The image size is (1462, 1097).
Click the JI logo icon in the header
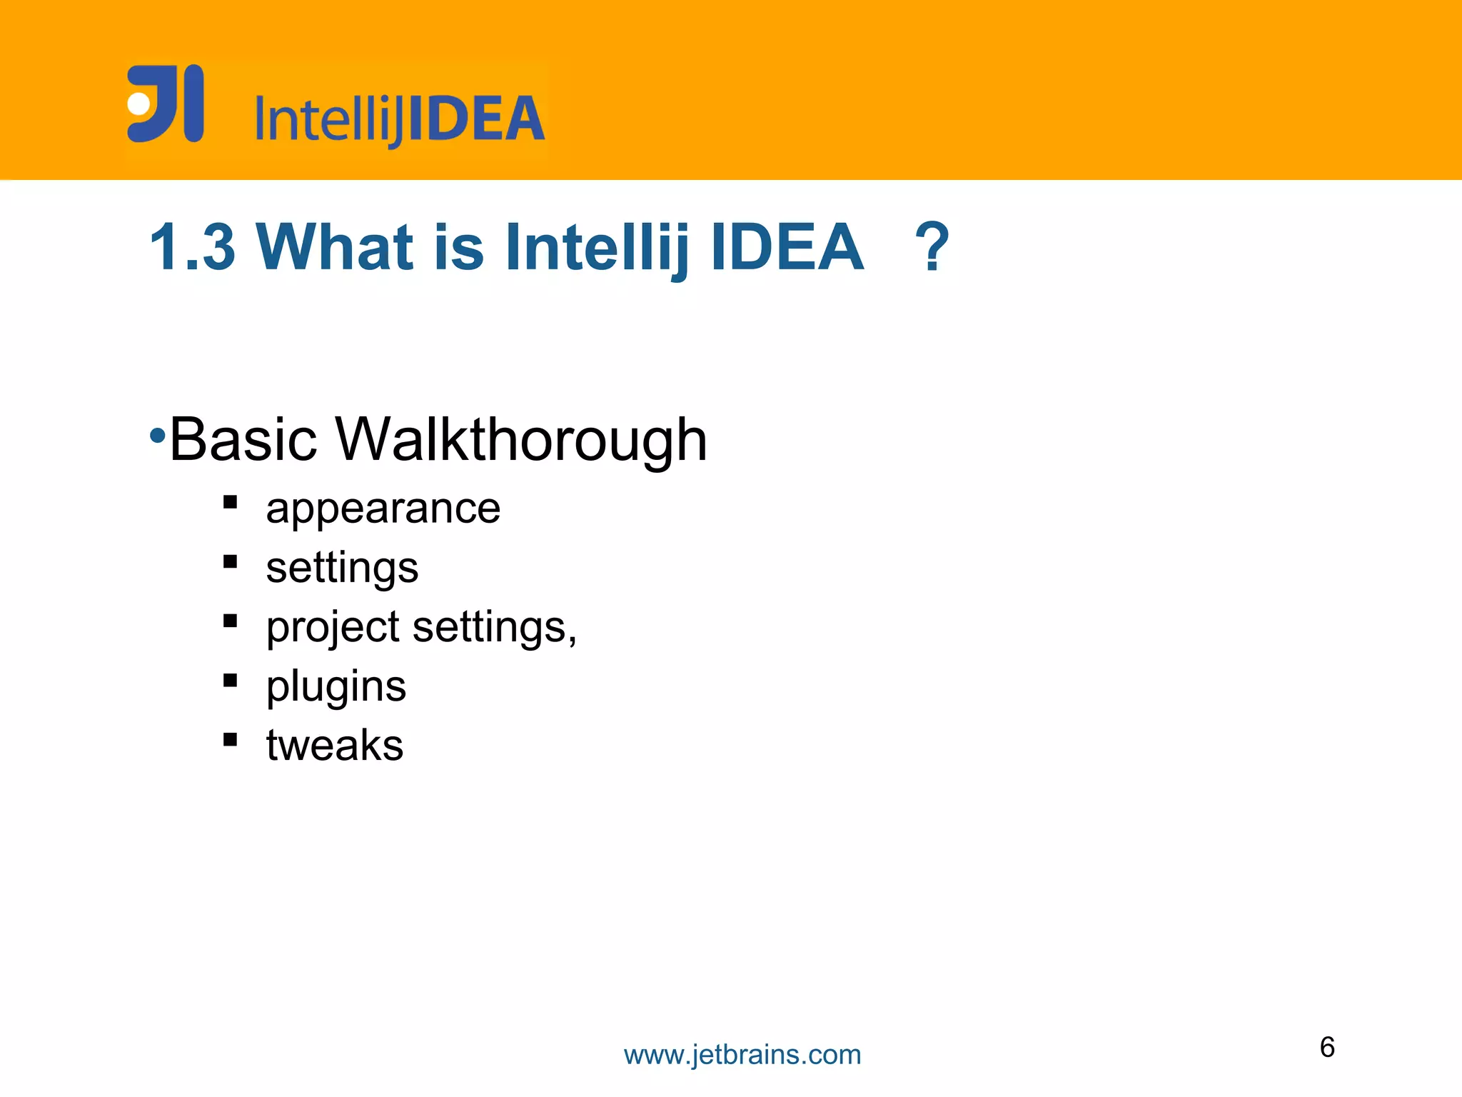pos(165,104)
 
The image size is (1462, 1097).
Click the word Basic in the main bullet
pos(243,439)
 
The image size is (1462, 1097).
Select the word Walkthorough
pos(520,439)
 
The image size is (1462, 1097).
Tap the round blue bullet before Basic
pos(158,435)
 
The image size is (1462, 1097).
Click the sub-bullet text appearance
pos(383,509)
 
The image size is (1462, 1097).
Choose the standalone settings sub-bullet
pos(342,568)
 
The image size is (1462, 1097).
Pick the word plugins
pos(336,687)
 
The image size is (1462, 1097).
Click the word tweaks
pos(335,745)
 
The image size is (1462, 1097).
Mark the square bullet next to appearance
pos(230,502)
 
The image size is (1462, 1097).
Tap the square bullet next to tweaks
pos(230,739)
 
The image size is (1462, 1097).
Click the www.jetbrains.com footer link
pos(742,1055)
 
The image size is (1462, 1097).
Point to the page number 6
pos(1327,1047)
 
